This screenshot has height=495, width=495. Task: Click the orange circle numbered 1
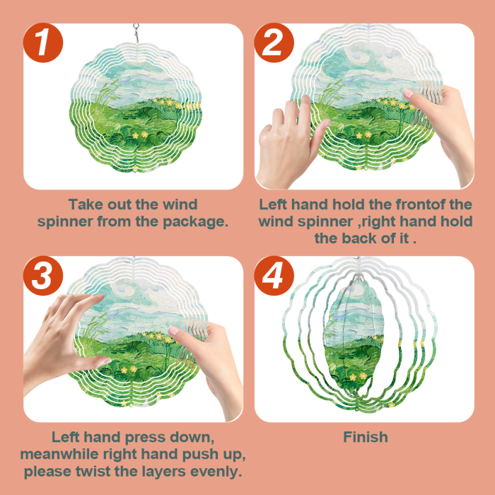tap(43, 42)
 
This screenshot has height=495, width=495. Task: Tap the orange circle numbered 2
tap(274, 42)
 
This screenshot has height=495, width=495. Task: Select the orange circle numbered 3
tap(43, 276)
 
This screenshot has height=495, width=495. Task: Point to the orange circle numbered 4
tap(274, 276)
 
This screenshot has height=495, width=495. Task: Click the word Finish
tap(366, 437)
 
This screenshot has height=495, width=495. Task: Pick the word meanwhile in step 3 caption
tap(59, 454)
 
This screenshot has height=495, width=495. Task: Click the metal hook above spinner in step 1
tap(136, 33)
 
